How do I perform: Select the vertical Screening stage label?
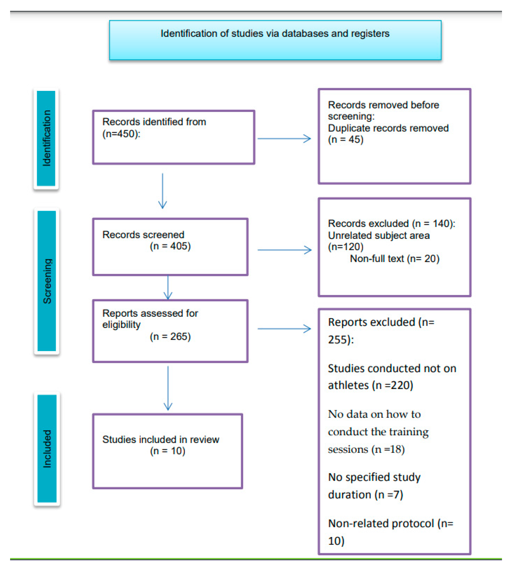[47, 281]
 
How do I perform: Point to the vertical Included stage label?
[47, 449]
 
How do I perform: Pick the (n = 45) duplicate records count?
[345, 139]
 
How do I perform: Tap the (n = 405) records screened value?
[170, 246]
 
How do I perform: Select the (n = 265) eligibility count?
[170, 336]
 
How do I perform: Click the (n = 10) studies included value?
[167, 451]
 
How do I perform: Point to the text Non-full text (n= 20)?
[394, 258]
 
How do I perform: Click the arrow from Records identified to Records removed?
[284, 138]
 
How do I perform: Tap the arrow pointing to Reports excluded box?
[284, 329]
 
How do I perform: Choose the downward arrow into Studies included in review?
[168, 388]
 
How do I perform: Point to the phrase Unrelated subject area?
[378, 235]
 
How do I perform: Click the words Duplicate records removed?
[388, 128]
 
